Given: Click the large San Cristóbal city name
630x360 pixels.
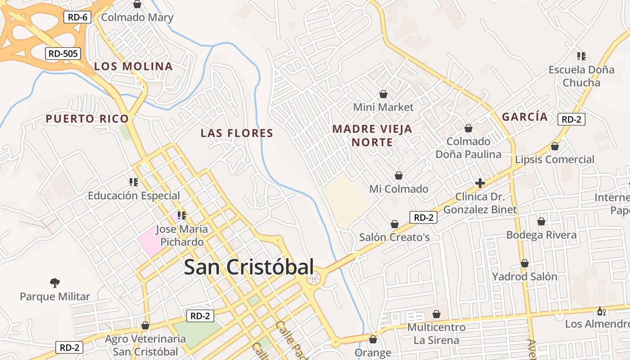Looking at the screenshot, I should [249, 267].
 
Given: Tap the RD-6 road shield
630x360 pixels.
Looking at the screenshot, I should [78, 18].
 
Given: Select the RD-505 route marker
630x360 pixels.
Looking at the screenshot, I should [63, 54].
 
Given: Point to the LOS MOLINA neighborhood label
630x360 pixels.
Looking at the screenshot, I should [133, 67].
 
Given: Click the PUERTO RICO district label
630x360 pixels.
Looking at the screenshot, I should [87, 119].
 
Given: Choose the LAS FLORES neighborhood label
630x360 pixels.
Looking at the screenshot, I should [237, 133].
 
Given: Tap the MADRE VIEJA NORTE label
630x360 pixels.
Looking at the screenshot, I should [372, 135].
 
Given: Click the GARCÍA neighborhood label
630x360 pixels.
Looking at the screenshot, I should [525, 117].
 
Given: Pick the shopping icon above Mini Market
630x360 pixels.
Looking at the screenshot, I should [383, 94].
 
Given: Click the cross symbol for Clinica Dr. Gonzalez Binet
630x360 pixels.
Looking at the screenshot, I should [480, 183].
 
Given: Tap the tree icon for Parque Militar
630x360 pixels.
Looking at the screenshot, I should [55, 283].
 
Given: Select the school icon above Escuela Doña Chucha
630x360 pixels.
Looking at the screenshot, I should [581, 56].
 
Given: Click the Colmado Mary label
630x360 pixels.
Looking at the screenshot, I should [137, 18].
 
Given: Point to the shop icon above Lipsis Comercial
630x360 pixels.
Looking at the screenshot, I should [555, 146].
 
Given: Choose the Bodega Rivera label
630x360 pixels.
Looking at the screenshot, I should [541, 235].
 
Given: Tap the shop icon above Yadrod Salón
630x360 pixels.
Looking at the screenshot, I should [525, 263].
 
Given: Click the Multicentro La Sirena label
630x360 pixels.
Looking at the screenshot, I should [436, 333].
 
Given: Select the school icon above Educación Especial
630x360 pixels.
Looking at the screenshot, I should [134, 182].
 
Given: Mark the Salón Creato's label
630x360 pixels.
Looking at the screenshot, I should [394, 237].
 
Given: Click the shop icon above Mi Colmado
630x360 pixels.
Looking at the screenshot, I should [398, 175].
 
